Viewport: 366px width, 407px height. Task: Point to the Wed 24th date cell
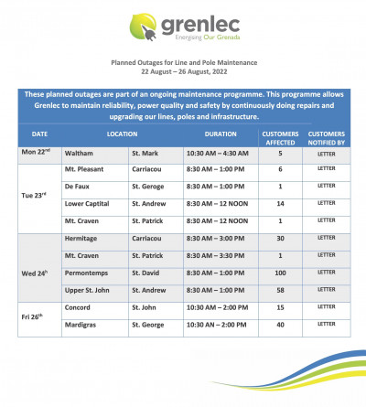pos(38,273)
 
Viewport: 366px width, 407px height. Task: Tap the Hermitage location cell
pos(82,238)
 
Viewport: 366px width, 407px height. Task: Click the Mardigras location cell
pos(82,325)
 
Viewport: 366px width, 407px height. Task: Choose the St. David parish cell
pos(147,273)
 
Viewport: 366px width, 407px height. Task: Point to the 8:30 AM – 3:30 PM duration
pos(217,255)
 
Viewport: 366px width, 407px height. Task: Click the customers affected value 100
pos(280,273)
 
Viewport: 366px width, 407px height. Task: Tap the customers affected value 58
pos(280,290)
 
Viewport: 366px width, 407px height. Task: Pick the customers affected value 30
pos(280,238)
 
